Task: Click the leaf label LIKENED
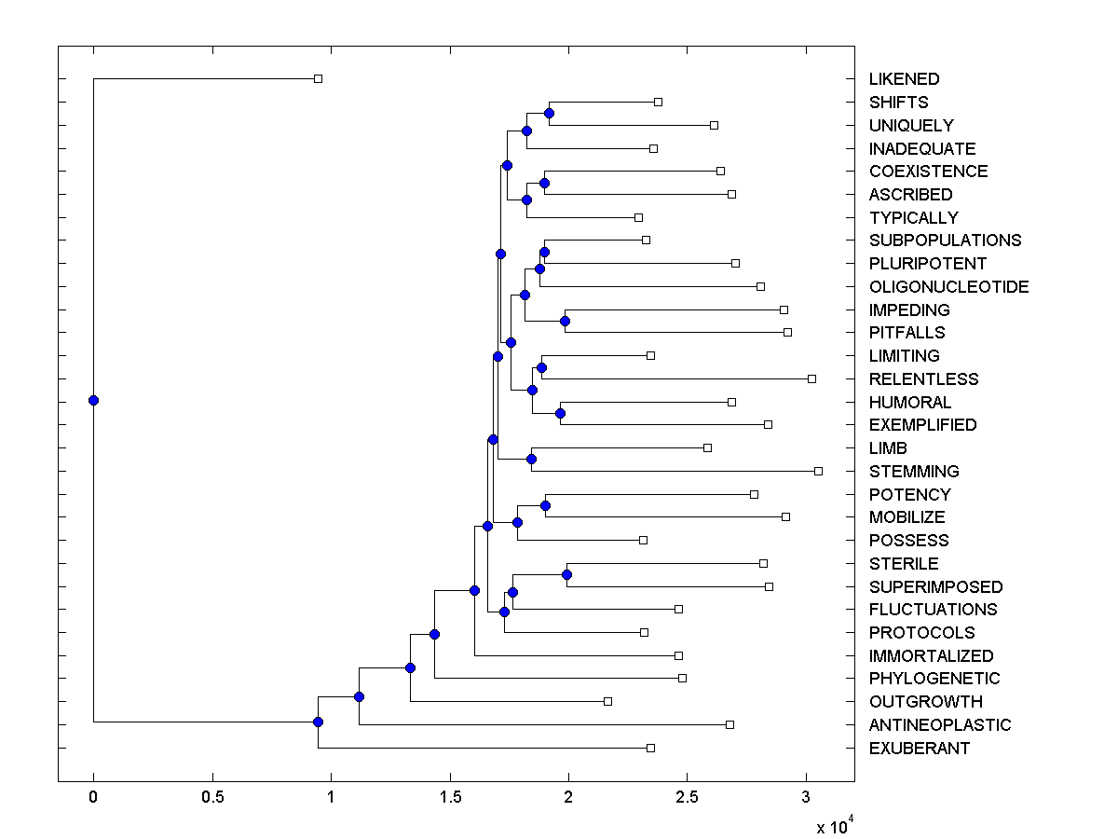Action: (904, 79)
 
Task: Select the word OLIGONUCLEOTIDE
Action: (948, 286)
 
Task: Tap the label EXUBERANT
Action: (919, 749)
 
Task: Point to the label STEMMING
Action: (913, 472)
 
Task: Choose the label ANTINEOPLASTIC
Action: (939, 725)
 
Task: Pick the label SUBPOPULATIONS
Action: (945, 241)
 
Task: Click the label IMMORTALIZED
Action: (931, 656)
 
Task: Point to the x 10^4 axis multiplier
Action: (835, 827)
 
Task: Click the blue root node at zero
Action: (93, 401)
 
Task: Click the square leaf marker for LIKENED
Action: (318, 79)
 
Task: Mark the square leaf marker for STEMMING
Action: (818, 471)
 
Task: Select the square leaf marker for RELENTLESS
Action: (811, 378)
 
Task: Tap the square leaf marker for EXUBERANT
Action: (650, 748)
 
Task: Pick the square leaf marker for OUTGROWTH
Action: (607, 701)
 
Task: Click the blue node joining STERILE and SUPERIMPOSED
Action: (566, 574)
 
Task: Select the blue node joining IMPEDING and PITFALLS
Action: (565, 321)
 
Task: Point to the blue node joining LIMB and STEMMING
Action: (531, 459)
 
